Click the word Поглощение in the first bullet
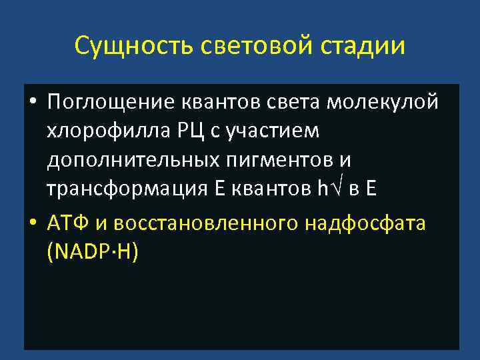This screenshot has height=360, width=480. (x=109, y=103)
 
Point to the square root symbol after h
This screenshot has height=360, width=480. (x=338, y=188)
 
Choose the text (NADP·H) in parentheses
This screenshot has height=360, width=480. (x=93, y=251)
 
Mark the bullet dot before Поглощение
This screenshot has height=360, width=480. (x=32, y=104)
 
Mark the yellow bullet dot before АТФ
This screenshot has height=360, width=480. (x=32, y=223)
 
